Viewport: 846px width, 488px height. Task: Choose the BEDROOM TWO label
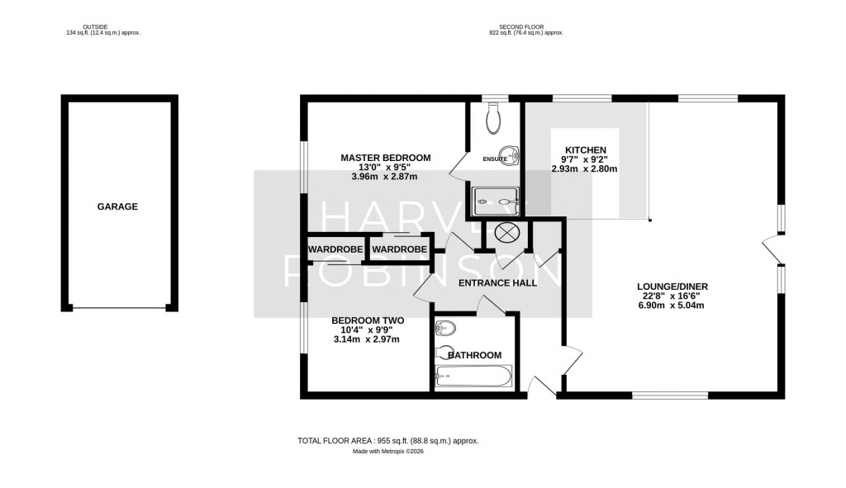tap(367, 320)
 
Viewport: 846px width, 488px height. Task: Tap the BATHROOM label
tap(474, 355)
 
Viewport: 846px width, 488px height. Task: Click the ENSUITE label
tap(495, 159)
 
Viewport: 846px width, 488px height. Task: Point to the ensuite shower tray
tap(496, 199)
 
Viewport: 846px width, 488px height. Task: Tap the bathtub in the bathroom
tap(473, 377)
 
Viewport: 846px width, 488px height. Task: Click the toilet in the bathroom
tap(444, 328)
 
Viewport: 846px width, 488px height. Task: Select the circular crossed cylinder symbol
tap(506, 233)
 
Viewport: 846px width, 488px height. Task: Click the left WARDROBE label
tap(330, 249)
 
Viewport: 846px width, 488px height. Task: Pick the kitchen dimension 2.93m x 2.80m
tap(584, 168)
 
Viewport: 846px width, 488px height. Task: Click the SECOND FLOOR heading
tap(525, 27)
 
